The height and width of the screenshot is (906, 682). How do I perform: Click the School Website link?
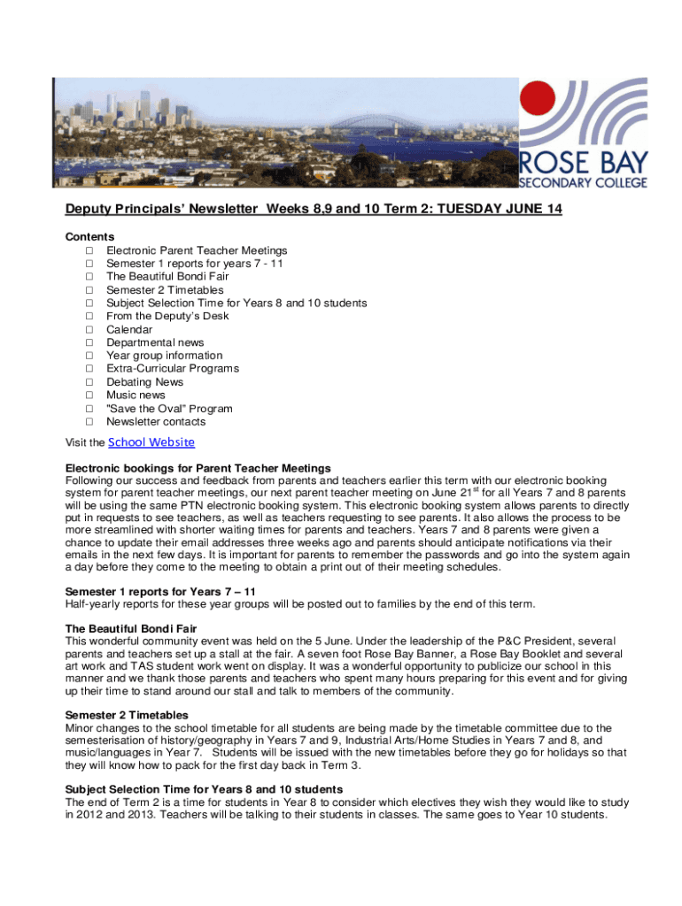(151, 442)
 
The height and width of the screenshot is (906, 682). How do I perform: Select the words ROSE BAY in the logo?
(584, 163)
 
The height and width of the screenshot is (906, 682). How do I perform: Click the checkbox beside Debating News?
(89, 382)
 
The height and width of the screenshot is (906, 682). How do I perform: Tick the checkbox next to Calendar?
(89, 329)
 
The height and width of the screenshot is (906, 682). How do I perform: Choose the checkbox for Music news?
(89, 395)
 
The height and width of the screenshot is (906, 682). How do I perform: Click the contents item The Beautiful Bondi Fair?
(167, 276)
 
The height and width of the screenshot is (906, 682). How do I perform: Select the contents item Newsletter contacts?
(157, 422)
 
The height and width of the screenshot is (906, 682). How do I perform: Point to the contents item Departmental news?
(155, 342)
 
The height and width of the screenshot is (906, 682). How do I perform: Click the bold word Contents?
(90, 237)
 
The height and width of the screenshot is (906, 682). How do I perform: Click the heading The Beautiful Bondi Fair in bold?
(131, 628)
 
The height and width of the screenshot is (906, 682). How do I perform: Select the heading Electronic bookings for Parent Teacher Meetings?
(198, 467)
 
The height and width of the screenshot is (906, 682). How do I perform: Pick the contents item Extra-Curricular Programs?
(173, 369)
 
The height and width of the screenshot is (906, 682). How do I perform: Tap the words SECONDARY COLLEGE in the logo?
(583, 182)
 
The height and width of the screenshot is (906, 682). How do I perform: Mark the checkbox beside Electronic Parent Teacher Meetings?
(89, 250)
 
